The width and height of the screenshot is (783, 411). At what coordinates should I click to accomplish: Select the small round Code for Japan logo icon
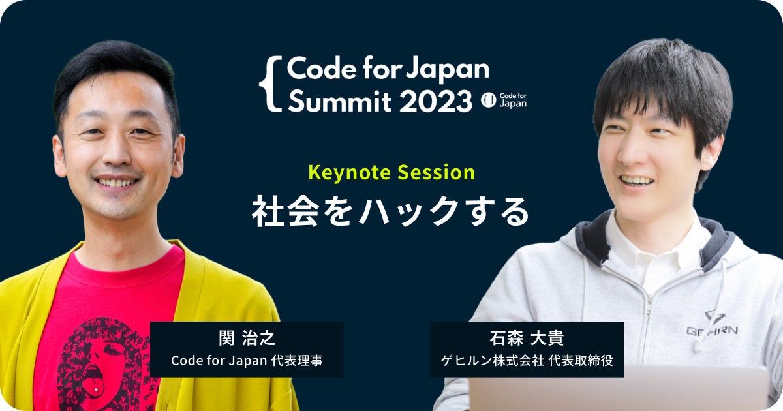coord(488,100)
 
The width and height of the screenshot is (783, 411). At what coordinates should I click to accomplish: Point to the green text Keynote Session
coord(391,173)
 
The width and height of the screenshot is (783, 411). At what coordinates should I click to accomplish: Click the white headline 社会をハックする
coord(391,211)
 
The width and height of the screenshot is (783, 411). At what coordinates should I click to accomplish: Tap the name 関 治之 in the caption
coord(247,339)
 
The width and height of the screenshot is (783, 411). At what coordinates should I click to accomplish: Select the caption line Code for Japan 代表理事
coord(247,361)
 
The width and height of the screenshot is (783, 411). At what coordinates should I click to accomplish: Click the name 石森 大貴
coord(526,339)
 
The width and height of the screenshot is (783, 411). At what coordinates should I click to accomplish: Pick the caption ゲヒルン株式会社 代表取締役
coord(526,361)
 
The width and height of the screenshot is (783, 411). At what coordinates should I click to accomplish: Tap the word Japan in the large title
coord(449,68)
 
